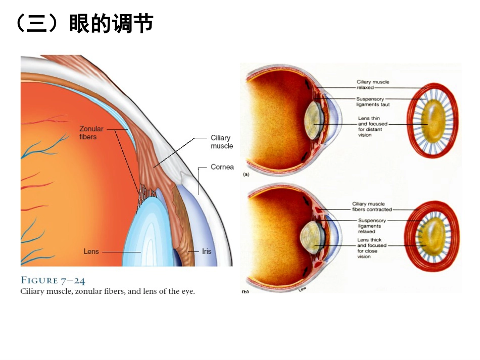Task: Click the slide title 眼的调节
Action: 112,23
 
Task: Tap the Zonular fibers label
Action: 91,133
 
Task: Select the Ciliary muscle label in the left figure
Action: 222,142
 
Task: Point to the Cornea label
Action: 222,167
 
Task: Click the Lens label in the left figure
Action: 91,251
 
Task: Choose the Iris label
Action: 207,251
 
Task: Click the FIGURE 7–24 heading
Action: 53,280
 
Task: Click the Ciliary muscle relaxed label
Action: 373,85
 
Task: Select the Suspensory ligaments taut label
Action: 373,101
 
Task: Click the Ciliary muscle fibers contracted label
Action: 372,207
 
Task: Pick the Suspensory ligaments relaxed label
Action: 372,226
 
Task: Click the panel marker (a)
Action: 246,174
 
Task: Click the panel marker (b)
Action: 245,291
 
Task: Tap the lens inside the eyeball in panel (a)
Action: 314,121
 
